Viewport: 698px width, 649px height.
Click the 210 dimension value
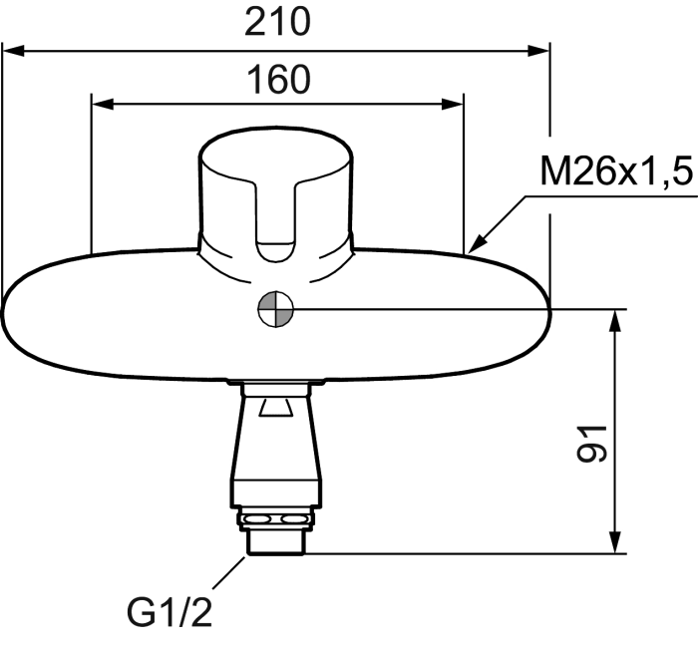[277, 22]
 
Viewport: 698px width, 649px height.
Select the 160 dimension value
[278, 80]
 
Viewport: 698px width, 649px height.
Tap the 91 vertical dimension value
[591, 444]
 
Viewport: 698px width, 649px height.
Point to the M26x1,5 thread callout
[616, 170]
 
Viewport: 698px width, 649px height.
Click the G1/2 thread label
[170, 611]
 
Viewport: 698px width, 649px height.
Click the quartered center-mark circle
[276, 309]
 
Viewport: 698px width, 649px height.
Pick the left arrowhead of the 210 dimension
[13, 51]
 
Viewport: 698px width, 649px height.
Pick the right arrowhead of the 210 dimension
[538, 51]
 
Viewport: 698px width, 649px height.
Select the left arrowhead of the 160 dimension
[103, 104]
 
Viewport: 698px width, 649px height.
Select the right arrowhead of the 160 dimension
[453, 104]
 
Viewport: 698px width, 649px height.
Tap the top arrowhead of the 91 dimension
[615, 320]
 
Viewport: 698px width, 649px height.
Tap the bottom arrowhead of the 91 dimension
[615, 542]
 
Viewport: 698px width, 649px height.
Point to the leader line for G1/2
[229, 573]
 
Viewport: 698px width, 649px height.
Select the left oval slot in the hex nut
[256, 519]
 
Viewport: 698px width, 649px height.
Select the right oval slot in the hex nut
[292, 519]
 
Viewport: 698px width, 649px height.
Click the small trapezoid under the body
[276, 408]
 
